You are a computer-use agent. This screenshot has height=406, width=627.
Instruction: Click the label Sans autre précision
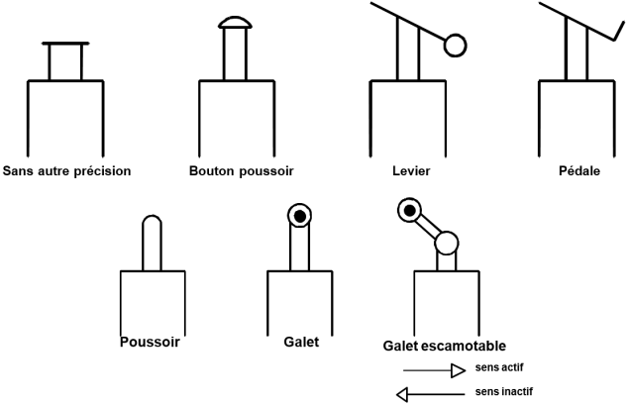point(67,170)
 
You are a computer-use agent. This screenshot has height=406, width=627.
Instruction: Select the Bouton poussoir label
point(241,170)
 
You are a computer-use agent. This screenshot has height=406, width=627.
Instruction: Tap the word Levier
point(410,170)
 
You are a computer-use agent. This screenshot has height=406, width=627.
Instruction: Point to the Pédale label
point(577,170)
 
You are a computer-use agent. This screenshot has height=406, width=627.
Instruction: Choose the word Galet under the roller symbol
point(299,342)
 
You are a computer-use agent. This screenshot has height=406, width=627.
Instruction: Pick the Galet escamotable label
point(444,346)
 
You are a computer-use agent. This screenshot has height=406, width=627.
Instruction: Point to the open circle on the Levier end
point(455,45)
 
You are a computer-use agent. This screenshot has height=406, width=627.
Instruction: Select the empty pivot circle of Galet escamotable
point(446,243)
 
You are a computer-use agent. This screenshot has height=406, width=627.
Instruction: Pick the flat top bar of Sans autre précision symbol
point(66,44)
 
